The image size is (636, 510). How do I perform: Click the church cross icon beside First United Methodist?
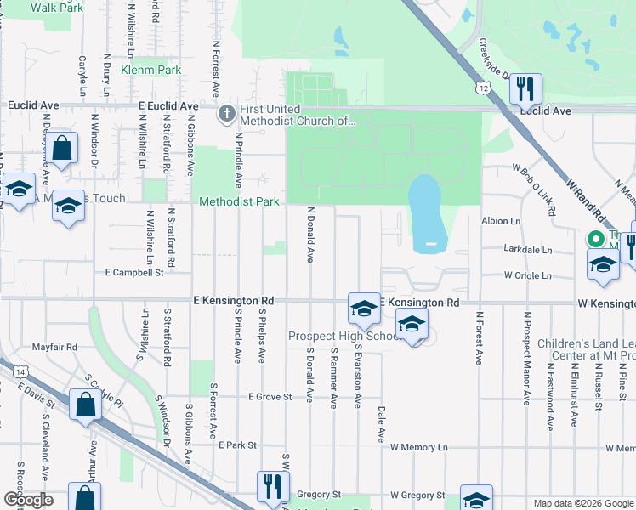click(226, 113)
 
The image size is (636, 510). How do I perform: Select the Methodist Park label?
click(239, 202)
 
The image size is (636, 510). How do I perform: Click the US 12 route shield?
click(483, 88)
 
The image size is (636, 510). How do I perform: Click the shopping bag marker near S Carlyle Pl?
click(87, 406)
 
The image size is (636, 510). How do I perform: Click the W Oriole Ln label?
click(527, 275)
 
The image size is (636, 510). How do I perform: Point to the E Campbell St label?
click(133, 273)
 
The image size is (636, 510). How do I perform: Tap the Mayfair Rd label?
click(54, 347)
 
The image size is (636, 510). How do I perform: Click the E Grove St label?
click(270, 397)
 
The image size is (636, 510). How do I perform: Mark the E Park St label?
click(237, 445)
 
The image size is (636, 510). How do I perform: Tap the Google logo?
click(28, 500)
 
